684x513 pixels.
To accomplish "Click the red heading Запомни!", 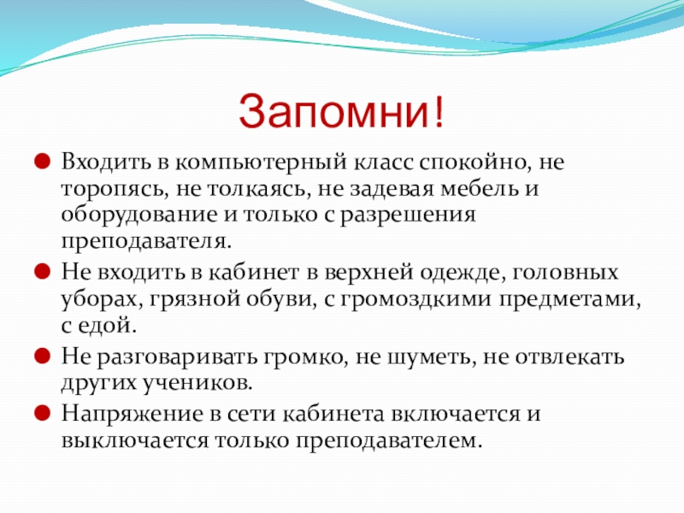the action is click(341, 112).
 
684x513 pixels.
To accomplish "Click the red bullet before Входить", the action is click(42, 162).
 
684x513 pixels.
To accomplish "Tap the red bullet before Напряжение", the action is click(42, 413).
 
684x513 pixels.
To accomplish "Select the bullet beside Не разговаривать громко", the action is click(42, 356).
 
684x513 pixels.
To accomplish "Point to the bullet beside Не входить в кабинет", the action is click(42, 272).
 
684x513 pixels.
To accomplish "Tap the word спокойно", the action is click(475, 162).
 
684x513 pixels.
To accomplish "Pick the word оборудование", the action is click(139, 216).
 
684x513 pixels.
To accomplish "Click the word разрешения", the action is click(408, 216).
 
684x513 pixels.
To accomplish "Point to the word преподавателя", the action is click(145, 241).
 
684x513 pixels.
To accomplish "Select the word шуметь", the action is click(431, 357).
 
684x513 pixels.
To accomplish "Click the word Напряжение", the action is click(133, 415).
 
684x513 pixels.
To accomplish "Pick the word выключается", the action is click(135, 440).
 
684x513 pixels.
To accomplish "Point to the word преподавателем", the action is click(390, 441).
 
